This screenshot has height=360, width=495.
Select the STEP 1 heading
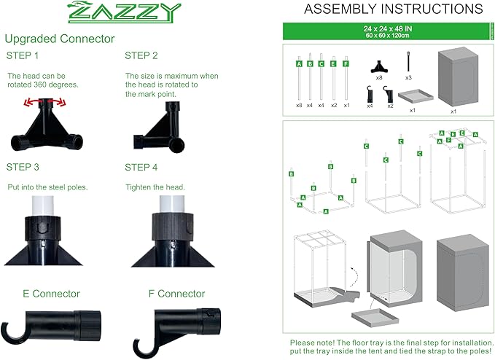coord(23,56)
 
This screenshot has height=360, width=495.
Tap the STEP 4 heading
coord(142,167)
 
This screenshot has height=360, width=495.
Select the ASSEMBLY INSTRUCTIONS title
coord(382,9)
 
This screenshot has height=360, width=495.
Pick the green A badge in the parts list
coord(299,64)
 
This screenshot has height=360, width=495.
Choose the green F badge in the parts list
coord(346,64)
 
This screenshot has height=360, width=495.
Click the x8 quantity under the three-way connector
coord(378,77)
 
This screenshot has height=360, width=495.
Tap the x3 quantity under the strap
coord(408,77)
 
